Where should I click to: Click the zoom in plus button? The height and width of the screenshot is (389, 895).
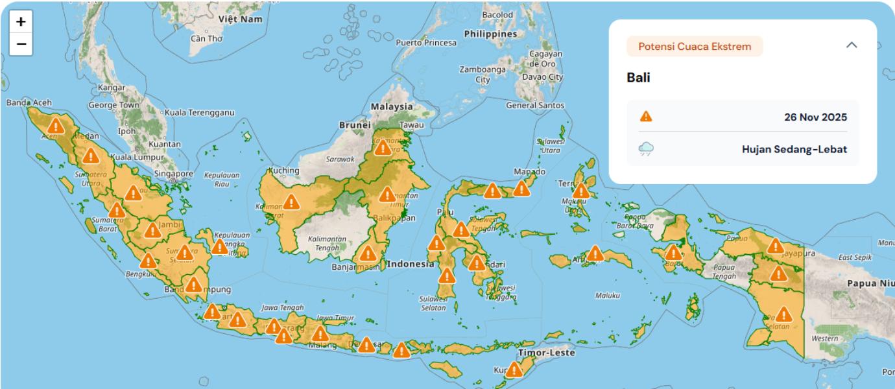coord(21,21)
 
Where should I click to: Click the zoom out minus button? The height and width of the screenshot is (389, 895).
coord(21,44)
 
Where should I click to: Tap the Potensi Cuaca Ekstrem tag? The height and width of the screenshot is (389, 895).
coord(695,46)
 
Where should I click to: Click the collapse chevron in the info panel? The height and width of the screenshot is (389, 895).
coord(852,45)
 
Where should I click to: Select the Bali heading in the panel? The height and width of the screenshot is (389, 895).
coord(638,78)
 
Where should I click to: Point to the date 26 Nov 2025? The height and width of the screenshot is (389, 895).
coord(815,117)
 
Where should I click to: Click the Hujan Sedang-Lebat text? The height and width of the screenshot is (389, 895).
coord(794,150)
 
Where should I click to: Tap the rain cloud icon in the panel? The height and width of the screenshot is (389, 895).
coord(646,150)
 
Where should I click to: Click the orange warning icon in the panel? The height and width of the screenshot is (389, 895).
coord(646,117)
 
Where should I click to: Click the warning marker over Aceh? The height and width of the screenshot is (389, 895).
coord(56,126)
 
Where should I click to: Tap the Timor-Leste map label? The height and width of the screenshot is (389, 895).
coord(546,353)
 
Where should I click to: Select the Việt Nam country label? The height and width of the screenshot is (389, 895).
coord(241,19)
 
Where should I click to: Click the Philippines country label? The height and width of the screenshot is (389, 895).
coord(490,34)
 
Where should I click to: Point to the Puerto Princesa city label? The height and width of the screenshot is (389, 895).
coord(426,43)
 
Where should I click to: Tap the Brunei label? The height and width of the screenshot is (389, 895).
coord(355,124)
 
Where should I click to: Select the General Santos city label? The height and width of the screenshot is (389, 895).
coord(535,105)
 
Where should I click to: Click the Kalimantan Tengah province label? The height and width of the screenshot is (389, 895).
coord(327,243)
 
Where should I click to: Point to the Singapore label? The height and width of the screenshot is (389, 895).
coord(173,174)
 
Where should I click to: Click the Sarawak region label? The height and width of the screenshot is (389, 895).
coord(340,159)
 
